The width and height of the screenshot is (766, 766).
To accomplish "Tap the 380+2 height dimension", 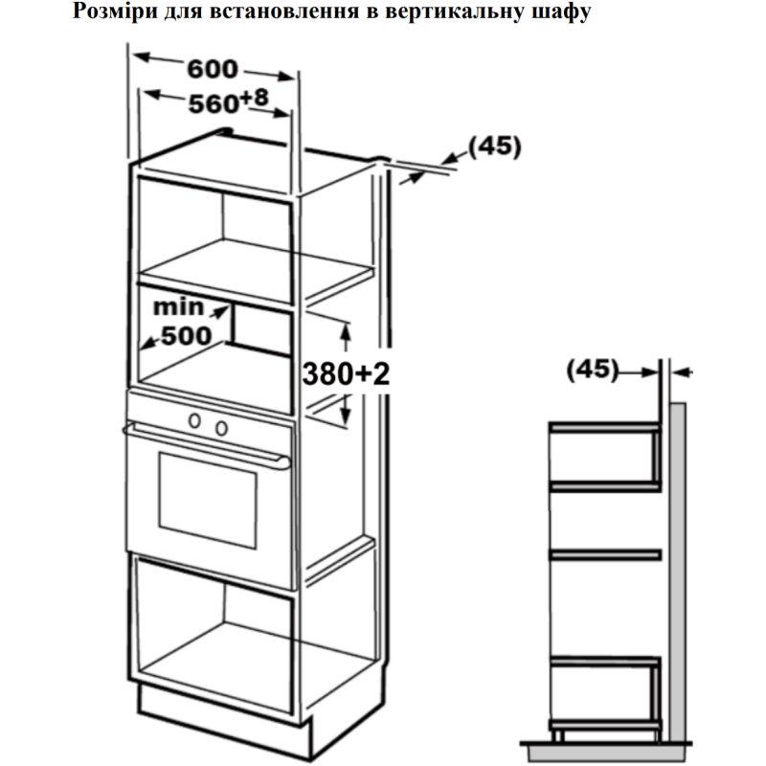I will coord(348,374).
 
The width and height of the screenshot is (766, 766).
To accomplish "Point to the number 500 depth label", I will coord(185,336).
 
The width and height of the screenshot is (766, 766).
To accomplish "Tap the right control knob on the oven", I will coord(221,426).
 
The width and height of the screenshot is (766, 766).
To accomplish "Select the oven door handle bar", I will coord(205,448).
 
